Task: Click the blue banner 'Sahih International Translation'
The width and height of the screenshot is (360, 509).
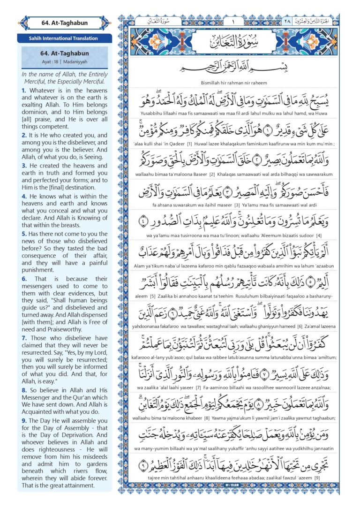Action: pyautogui.click(x=65, y=38)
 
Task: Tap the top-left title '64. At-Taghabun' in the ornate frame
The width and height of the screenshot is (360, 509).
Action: pyautogui.click(x=65, y=23)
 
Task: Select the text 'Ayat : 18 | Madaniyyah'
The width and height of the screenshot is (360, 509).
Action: pyautogui.click(x=65, y=61)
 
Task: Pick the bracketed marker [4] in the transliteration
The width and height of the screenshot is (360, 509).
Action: pyautogui.click(x=319, y=235)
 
